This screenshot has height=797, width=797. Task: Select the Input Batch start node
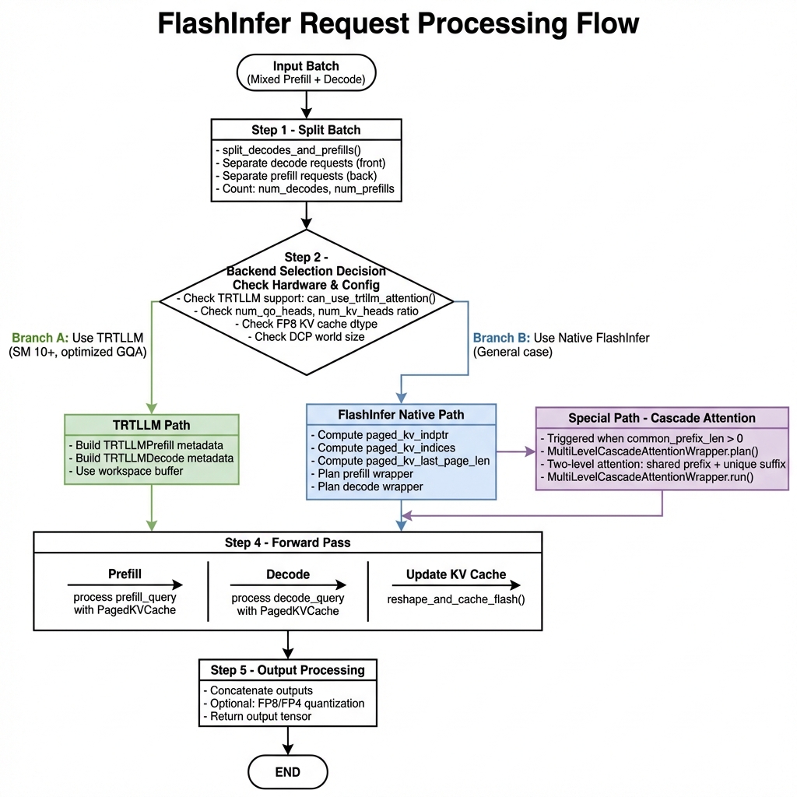pyautogui.click(x=306, y=72)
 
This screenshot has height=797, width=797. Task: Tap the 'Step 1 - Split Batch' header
pyautogui.click(x=306, y=129)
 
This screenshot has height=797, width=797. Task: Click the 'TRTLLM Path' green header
pyautogui.click(x=151, y=425)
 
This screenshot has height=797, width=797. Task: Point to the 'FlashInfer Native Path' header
pyautogui.click(x=401, y=414)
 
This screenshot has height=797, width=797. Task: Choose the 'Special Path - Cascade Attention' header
pyautogui.click(x=662, y=418)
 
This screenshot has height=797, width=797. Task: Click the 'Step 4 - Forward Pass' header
pyautogui.click(x=287, y=542)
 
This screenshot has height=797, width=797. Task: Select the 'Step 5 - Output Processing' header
pyautogui.click(x=287, y=670)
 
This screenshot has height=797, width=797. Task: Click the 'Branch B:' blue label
pyautogui.click(x=501, y=339)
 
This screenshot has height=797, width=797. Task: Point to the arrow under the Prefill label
pyautogui.click(x=125, y=585)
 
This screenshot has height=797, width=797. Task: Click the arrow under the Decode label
pyautogui.click(x=288, y=585)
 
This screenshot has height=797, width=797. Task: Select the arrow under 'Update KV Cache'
pyautogui.click(x=455, y=585)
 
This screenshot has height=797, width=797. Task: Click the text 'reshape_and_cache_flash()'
pyautogui.click(x=455, y=599)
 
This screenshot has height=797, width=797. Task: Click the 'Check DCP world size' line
pyautogui.click(x=305, y=336)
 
